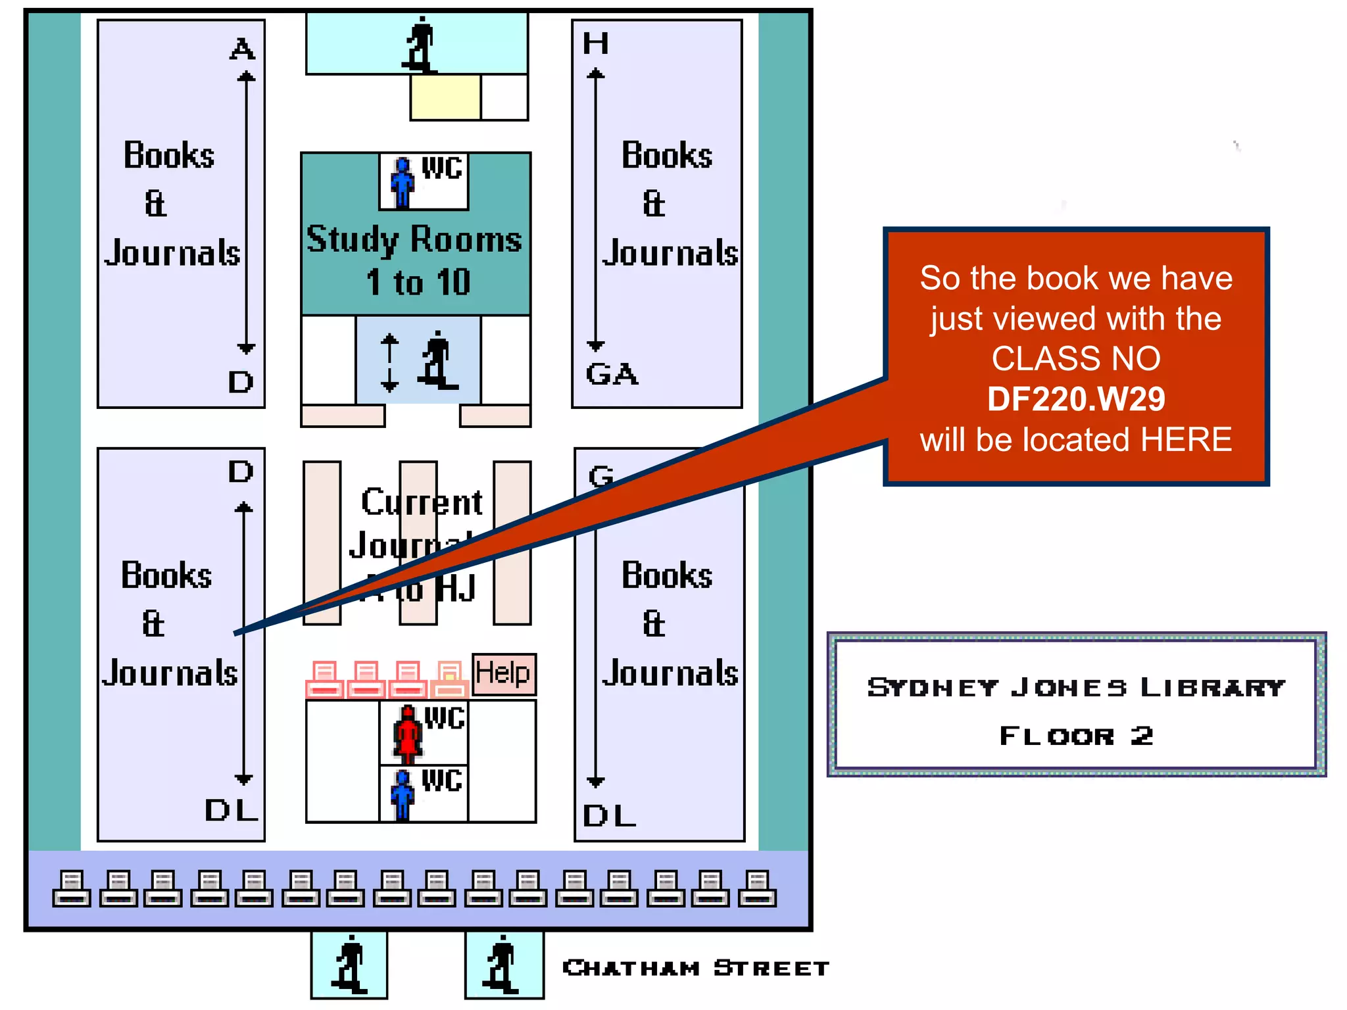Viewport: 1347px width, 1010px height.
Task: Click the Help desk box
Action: (504, 674)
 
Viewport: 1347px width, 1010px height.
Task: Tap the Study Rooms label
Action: (414, 240)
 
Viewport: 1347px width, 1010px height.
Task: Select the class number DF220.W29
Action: (1076, 399)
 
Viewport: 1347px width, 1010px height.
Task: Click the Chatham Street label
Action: (696, 968)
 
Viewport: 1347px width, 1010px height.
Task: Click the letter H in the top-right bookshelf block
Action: (596, 44)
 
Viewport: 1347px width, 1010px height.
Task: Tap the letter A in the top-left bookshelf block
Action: (242, 49)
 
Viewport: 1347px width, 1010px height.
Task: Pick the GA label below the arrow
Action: (612, 374)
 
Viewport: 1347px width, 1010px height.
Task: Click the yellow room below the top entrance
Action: (445, 97)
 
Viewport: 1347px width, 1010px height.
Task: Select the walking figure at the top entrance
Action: (420, 45)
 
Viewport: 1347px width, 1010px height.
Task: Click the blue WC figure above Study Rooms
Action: (402, 182)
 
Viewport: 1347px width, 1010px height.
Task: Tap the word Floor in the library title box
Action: (1057, 736)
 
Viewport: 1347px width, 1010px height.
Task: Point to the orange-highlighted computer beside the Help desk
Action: (450, 679)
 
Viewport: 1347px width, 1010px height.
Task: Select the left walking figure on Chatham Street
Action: (349, 965)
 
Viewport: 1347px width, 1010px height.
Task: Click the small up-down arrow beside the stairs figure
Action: (389, 362)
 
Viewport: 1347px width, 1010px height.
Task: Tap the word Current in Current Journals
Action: (422, 502)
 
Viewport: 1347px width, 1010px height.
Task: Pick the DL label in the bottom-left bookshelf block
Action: (231, 810)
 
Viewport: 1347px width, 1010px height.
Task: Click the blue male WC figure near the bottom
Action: (402, 795)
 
